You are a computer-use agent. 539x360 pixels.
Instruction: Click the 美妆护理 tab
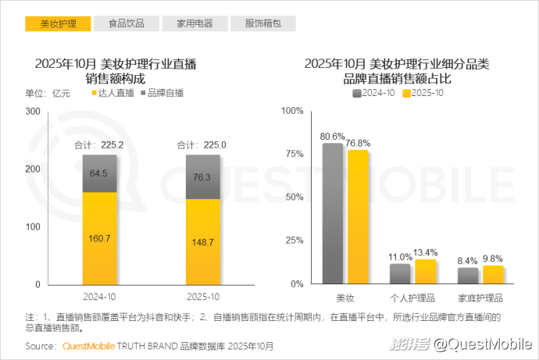point(59,23)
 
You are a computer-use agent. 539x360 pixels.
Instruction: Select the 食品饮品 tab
point(127,23)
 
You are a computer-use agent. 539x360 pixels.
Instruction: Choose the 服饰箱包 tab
point(263,23)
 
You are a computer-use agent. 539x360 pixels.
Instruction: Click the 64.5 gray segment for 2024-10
point(100,173)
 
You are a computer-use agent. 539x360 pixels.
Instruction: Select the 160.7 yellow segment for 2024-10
point(100,237)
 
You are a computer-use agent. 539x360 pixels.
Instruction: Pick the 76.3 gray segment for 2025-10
point(202,176)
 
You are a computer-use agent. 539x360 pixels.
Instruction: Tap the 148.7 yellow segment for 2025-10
point(202,241)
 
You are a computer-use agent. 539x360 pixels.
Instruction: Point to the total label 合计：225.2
point(100,145)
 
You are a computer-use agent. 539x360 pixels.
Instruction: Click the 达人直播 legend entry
point(113,93)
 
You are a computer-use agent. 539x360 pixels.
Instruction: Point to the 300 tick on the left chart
point(33,112)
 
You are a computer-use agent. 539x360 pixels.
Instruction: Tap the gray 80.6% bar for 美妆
point(333,213)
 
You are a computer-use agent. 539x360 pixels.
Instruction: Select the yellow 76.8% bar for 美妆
point(358,216)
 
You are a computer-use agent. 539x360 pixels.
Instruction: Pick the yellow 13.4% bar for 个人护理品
point(426,271)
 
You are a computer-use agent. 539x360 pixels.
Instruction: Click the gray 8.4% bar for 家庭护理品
point(468,275)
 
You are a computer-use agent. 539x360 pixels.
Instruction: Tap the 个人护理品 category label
point(412,298)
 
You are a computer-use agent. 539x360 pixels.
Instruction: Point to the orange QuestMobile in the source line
point(88,345)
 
